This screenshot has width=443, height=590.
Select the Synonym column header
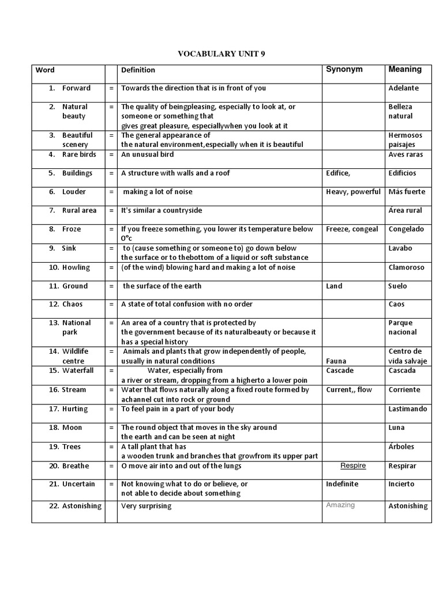click(344, 69)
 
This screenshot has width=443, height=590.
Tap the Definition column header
click(138, 70)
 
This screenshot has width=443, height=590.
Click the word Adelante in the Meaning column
click(404, 88)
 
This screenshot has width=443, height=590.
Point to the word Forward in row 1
click(76, 88)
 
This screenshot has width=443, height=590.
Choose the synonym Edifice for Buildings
click(338, 173)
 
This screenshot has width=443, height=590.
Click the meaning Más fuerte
click(407, 192)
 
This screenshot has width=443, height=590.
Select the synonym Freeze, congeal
click(352, 229)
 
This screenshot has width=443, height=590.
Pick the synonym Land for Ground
click(334, 286)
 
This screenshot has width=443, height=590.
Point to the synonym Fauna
click(336, 361)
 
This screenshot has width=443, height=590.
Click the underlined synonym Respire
click(353, 466)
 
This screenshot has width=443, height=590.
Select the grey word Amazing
click(340, 505)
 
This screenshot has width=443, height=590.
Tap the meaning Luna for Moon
click(397, 428)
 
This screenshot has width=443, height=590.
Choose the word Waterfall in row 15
click(78, 370)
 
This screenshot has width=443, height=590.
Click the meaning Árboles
click(401, 447)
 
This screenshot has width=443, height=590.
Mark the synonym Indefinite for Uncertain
click(342, 484)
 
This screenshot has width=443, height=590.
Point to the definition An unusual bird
click(147, 154)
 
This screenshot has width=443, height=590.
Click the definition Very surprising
click(146, 506)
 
